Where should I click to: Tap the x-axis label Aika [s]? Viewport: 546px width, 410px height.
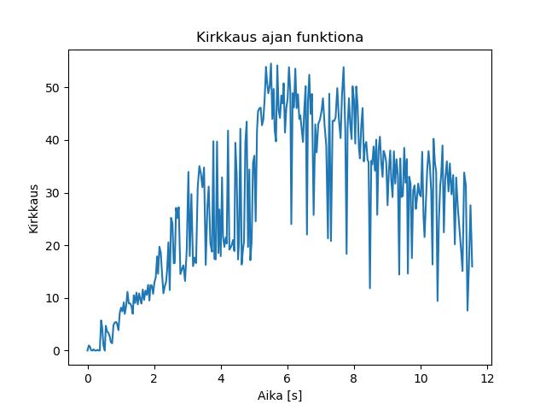[x=280, y=395]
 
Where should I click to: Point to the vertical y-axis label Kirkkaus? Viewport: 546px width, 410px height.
[x=33, y=208]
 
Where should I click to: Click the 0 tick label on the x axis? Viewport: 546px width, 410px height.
[x=88, y=378]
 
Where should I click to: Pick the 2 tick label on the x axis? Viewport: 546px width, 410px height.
[x=154, y=378]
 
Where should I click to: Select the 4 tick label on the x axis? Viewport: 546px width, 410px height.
[x=221, y=378]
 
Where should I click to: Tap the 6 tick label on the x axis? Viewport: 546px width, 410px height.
[x=288, y=378]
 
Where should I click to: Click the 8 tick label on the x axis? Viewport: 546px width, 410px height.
[x=354, y=378]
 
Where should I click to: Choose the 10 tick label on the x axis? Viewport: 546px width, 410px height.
[x=421, y=378]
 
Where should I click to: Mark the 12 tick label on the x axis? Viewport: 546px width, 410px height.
[x=487, y=378]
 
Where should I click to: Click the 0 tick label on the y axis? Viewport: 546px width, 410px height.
[x=56, y=351]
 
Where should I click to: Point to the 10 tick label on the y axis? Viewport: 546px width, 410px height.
[x=53, y=298]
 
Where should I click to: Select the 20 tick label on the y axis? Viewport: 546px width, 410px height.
[x=53, y=246]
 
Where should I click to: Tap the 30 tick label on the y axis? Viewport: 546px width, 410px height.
[x=53, y=193]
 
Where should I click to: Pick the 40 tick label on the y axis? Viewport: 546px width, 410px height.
[x=53, y=140]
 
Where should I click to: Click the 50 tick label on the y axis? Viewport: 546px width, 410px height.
[x=53, y=88]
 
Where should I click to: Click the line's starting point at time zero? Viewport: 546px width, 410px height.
[x=88, y=350]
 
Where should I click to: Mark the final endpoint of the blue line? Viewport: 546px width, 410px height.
[x=472, y=267]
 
